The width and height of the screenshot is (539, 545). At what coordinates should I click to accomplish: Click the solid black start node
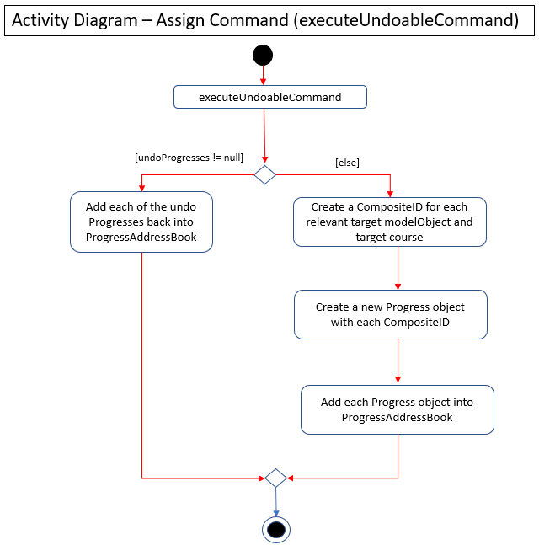[x=263, y=56]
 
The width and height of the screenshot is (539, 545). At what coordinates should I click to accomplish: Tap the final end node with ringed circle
[x=276, y=530]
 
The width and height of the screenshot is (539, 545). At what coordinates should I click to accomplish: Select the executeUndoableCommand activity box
[x=270, y=97]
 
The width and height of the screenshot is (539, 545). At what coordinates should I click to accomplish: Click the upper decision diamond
[x=264, y=175]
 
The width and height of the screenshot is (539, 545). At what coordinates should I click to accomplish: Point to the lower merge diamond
[x=275, y=478]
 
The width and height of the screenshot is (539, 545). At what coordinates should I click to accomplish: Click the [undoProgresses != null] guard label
[x=189, y=158]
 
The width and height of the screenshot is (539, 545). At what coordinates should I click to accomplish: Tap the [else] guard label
[x=347, y=163]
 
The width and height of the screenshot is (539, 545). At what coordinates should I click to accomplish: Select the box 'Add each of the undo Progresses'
[x=141, y=222]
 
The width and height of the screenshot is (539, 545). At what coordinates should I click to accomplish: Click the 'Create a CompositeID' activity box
[x=390, y=222]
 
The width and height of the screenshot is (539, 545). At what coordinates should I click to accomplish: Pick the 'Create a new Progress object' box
[x=390, y=314]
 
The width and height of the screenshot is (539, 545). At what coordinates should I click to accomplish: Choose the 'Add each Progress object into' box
[x=398, y=409]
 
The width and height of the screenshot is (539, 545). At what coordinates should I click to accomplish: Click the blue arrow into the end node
[x=276, y=502]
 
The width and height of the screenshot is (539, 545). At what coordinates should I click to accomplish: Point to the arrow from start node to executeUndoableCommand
[x=263, y=76]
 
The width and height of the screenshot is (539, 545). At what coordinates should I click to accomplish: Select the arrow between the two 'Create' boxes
[x=398, y=269]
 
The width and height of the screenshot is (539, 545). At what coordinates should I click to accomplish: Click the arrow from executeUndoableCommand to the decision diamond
[x=264, y=136]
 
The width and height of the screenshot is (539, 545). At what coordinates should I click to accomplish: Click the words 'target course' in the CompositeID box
[x=389, y=237]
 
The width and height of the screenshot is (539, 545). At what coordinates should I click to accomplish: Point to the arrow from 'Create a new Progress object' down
[x=398, y=361]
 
